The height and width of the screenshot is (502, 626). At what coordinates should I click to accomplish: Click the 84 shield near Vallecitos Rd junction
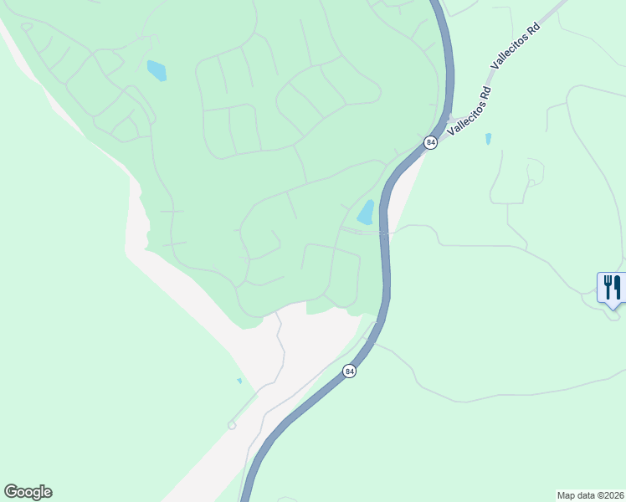[430, 143]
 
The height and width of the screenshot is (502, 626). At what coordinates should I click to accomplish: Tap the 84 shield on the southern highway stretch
[350, 371]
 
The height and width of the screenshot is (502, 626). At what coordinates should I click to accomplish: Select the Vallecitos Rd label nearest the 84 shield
[469, 111]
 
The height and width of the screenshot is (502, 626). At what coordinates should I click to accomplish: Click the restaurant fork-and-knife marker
[611, 288]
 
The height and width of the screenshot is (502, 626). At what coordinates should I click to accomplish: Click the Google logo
[28, 492]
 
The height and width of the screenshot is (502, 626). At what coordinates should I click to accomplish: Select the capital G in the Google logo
[11, 491]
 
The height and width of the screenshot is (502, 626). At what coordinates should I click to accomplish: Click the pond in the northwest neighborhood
[156, 71]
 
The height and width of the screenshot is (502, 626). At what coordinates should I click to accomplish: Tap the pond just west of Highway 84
[367, 213]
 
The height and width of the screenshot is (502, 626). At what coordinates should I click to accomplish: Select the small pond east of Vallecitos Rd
[488, 139]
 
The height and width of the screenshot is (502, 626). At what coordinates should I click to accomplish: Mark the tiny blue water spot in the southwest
[239, 381]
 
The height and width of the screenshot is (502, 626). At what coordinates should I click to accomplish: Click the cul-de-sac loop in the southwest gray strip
[232, 426]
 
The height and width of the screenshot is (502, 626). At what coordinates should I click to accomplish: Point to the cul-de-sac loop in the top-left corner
[27, 27]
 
